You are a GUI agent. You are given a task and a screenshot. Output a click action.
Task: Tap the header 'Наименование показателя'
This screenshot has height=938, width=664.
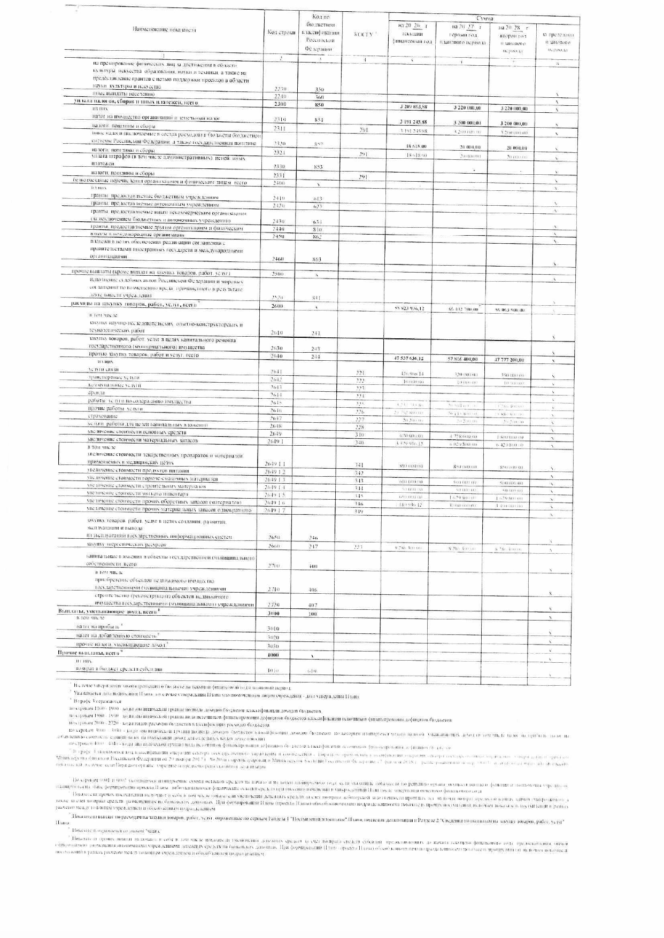pyautogui.click(x=164, y=30)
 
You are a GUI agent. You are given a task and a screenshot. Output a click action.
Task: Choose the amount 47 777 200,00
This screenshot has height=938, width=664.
pyautogui.click(x=512, y=360)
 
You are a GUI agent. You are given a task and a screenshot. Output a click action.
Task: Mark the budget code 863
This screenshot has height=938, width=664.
pyautogui.click(x=316, y=259)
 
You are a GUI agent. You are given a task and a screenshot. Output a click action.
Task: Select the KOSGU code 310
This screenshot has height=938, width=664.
pyautogui.click(x=359, y=435)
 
